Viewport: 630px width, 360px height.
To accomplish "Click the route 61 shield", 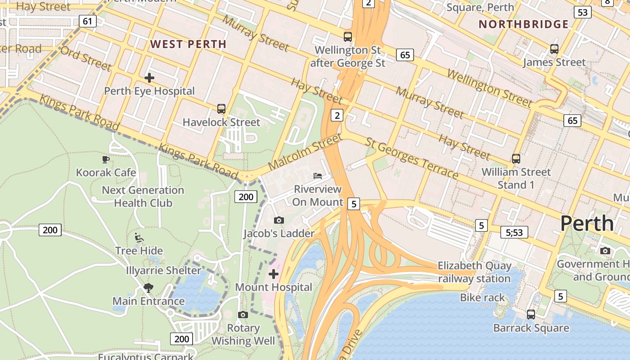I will pyautogui.click(x=88, y=21).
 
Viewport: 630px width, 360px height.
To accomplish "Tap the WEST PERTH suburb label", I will pyautogui.click(x=188, y=44).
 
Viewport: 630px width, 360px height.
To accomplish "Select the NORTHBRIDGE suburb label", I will pyautogui.click(x=523, y=24).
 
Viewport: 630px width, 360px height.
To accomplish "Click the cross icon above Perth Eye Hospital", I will pyautogui.click(x=149, y=77).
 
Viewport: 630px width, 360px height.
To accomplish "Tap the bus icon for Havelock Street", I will pyautogui.click(x=221, y=108).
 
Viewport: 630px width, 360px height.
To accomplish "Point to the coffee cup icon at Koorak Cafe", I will pyautogui.click(x=105, y=159).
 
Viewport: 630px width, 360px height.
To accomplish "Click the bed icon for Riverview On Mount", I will pyautogui.click(x=318, y=175).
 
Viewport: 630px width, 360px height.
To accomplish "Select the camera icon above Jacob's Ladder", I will pyautogui.click(x=279, y=220).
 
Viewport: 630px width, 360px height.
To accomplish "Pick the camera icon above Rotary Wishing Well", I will pyautogui.click(x=243, y=315).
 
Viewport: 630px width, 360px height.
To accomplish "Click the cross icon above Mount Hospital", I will pyautogui.click(x=274, y=274).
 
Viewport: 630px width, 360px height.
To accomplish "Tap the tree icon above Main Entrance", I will pyautogui.click(x=148, y=288).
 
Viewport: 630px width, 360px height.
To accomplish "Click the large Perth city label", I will pyautogui.click(x=587, y=224).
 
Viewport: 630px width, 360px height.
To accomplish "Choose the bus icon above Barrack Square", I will pyautogui.click(x=531, y=315).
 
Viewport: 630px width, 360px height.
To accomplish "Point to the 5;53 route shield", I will pyautogui.click(x=514, y=232).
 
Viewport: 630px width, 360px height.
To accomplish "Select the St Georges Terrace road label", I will pyautogui.click(x=412, y=158).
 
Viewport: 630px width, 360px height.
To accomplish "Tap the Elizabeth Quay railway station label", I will pyautogui.click(x=474, y=272).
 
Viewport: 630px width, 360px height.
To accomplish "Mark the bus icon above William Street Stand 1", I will pyautogui.click(x=516, y=158).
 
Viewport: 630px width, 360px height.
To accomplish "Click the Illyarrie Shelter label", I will pyautogui.click(x=163, y=270).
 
